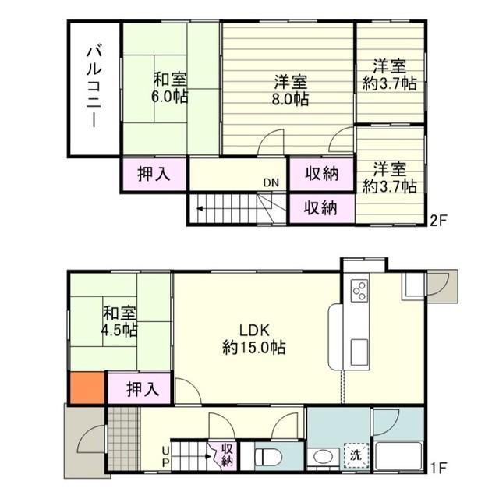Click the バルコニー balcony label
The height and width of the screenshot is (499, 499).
94,87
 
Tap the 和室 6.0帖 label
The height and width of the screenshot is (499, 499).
170,88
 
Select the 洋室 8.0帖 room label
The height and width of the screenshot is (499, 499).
290,90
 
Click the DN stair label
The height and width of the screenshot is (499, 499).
271,182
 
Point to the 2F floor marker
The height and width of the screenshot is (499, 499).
439,221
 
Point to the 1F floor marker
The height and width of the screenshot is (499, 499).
439,468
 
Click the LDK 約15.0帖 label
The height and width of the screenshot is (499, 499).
254,339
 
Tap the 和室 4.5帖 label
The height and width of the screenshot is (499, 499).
119,321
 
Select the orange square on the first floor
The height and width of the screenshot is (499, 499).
87,388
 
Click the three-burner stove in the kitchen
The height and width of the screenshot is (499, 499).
359,291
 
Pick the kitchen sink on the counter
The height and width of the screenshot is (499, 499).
359,352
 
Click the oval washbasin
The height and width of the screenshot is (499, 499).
323,457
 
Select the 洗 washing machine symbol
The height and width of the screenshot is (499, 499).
356,455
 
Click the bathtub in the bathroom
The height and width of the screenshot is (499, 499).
399,455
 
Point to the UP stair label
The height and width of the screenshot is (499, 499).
165,457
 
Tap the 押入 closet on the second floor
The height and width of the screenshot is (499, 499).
154,175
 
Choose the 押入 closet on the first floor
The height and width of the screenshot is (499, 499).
143,388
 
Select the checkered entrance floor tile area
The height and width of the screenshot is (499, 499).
124,438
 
